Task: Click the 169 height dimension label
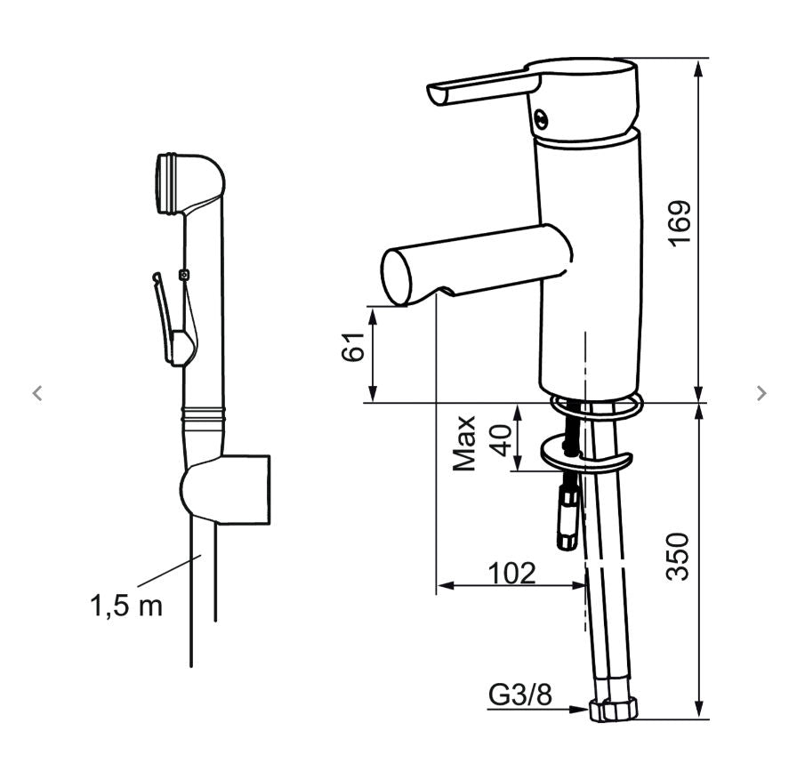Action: [x=680, y=223]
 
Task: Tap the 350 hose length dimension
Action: [x=678, y=557]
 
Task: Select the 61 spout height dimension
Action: [x=353, y=347]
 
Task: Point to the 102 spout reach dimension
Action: [x=511, y=574]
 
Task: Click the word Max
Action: [x=464, y=443]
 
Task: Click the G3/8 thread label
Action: [x=520, y=695]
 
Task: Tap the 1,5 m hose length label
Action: [x=126, y=606]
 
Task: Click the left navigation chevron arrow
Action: [x=37, y=393]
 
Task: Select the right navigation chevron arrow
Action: [x=761, y=393]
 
